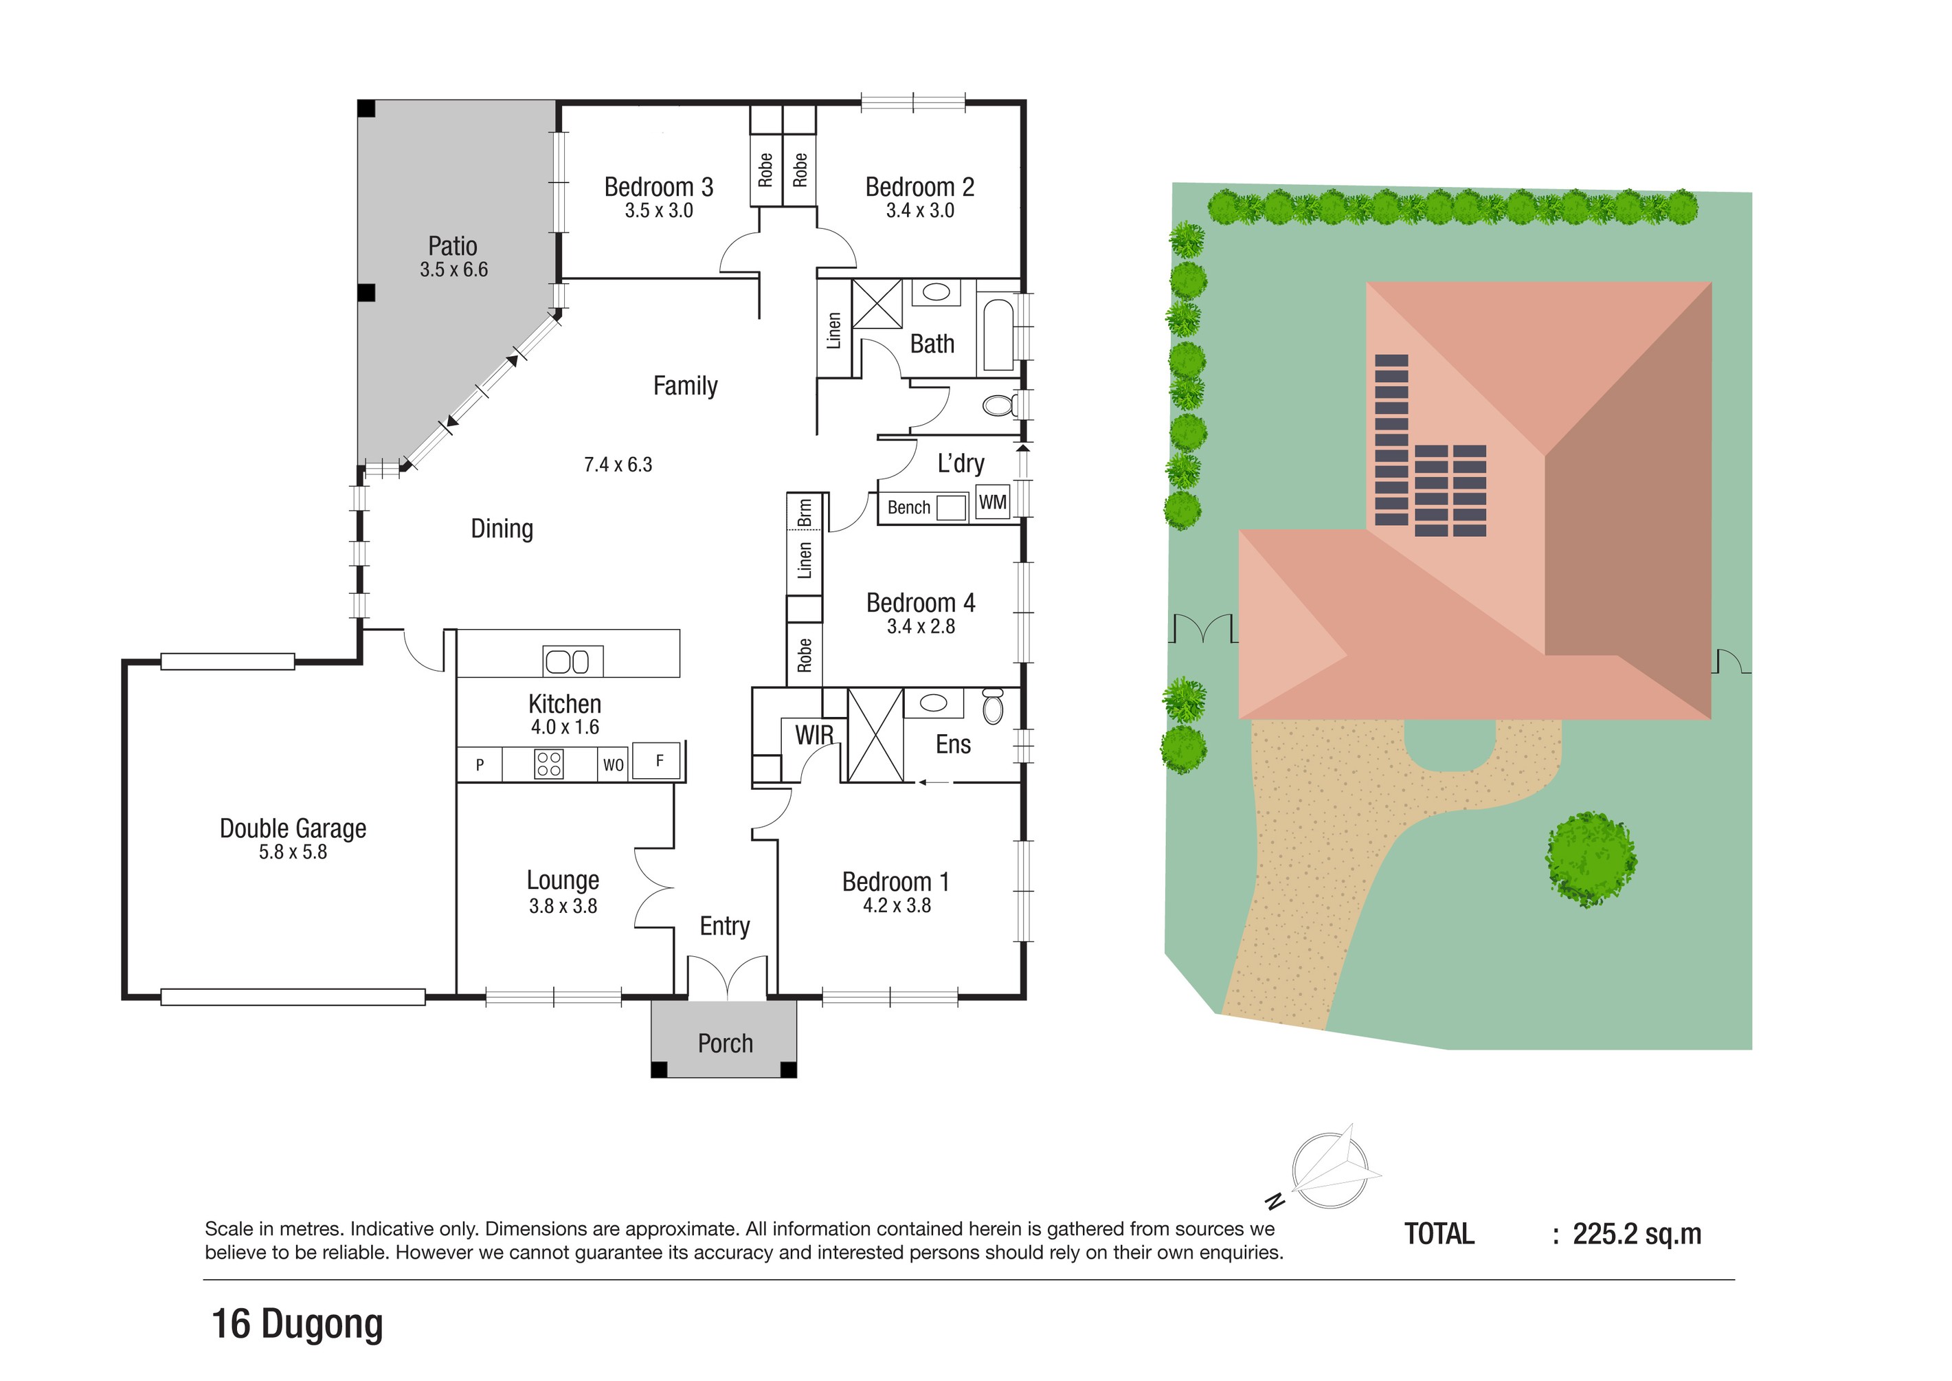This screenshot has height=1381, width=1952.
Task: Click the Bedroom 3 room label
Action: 658,187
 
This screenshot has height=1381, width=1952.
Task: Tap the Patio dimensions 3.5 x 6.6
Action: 453,269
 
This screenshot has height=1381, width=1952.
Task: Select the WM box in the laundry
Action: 992,502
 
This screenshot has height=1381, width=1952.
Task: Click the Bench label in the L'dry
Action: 909,508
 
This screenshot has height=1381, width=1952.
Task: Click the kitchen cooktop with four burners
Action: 548,764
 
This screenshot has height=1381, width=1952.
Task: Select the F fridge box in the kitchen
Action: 659,761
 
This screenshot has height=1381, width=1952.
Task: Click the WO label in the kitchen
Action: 613,764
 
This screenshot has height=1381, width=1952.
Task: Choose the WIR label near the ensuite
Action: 814,735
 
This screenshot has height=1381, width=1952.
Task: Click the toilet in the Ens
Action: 993,707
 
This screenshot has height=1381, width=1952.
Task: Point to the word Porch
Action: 725,1043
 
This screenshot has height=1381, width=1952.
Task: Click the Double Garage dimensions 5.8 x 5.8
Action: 293,852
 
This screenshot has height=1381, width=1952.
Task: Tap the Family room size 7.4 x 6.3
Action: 618,464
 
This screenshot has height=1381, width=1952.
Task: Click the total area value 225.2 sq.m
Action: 1637,1234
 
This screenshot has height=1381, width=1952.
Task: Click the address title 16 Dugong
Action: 297,1324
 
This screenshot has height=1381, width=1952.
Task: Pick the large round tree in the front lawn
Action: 1591,859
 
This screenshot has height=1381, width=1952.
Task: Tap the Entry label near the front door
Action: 724,926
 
